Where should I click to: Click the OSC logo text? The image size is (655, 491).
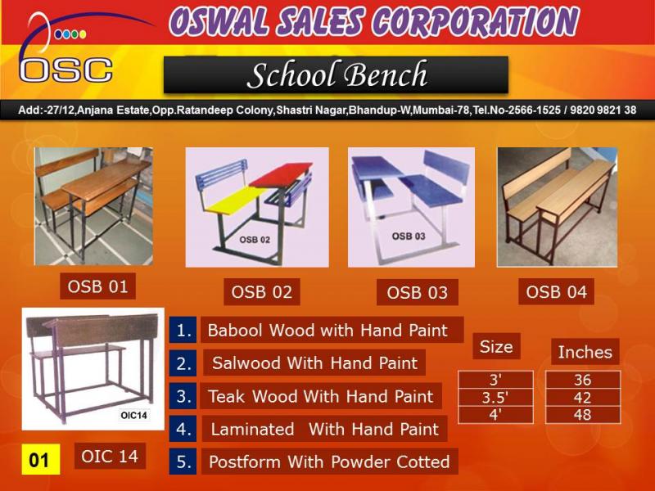coord(66,70)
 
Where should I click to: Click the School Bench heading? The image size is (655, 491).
coord(337,74)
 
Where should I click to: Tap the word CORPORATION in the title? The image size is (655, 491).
coord(475,22)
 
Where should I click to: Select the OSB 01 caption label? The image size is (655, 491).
coord(97,286)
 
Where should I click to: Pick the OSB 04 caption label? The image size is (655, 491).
coord(556,291)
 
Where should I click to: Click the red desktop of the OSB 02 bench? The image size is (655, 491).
coord(281,174)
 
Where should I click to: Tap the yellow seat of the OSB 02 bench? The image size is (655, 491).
coord(237,200)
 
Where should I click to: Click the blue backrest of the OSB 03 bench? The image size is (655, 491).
coord(446,166)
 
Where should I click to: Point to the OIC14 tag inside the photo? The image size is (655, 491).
coord(133,415)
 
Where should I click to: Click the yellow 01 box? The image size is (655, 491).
coord(41,459)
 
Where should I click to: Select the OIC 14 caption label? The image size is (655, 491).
coord(110,456)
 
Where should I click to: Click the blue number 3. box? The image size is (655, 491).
coord(183,396)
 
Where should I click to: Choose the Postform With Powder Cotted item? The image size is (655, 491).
coord(330,462)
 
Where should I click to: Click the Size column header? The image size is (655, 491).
coord(496,346)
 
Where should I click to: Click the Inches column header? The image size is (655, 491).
coord(585,352)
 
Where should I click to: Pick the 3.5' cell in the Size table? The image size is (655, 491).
coord(495,398)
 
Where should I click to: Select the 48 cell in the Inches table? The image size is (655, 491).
coord(583,415)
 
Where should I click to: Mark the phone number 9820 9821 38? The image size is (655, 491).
coord(603,110)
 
